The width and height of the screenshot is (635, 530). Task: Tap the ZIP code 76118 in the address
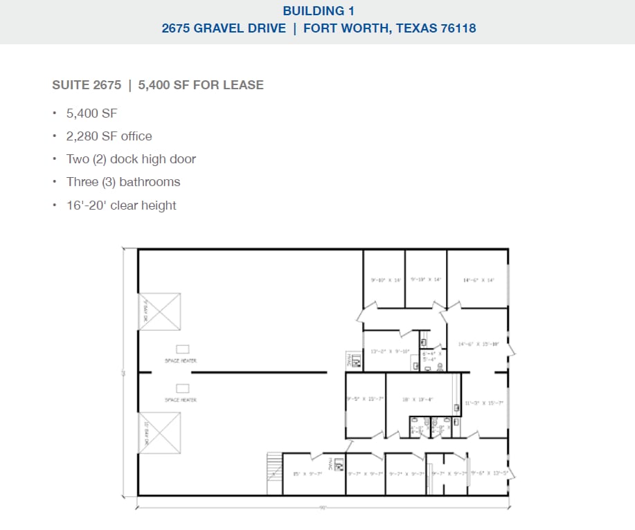[x=458, y=29]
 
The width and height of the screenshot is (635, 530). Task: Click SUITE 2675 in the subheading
[x=87, y=85]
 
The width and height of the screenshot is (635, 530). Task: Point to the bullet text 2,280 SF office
[x=109, y=136]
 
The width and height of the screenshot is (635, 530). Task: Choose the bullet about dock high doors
[x=131, y=159]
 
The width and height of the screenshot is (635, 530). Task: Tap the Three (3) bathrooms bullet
[x=123, y=182]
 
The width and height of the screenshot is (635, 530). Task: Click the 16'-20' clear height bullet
[x=121, y=205]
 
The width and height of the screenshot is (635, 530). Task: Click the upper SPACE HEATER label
[x=180, y=361]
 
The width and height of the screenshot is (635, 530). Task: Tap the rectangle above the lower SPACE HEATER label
[x=184, y=387]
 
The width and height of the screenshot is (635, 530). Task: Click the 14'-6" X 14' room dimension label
[x=479, y=280]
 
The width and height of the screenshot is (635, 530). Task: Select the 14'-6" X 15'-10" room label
[x=479, y=344]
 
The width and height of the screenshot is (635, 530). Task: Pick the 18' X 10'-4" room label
[x=418, y=399]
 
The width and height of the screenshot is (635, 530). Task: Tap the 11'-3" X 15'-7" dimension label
[x=484, y=403]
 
